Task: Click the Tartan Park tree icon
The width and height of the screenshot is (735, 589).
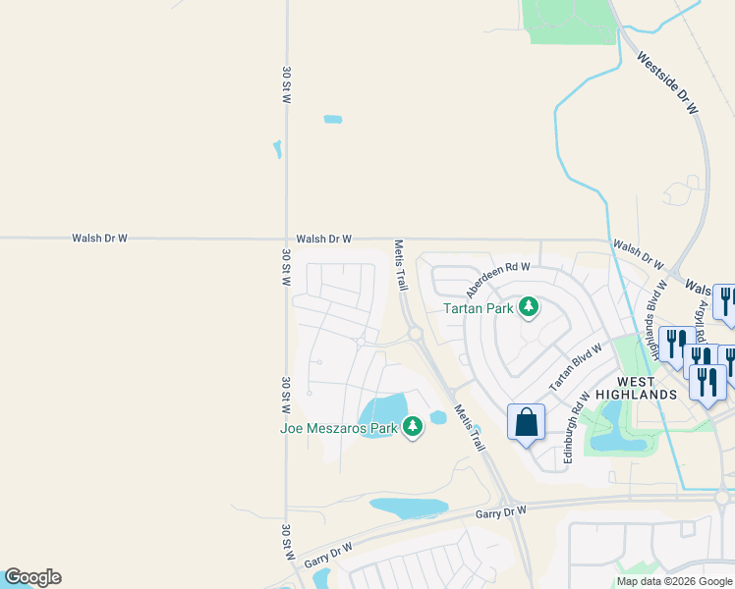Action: click(529, 308)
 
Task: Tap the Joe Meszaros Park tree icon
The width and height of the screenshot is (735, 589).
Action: click(413, 427)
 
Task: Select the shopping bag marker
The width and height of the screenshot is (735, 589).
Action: click(527, 422)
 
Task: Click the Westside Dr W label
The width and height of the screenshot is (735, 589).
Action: click(667, 84)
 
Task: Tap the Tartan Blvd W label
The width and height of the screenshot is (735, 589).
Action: click(576, 368)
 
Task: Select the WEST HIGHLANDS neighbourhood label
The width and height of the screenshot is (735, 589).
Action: click(647, 387)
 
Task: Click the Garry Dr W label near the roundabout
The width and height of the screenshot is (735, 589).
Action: click(501, 512)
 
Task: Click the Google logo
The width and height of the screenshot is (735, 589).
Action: click(32, 577)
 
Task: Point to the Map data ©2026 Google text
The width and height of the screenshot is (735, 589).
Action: click(673, 581)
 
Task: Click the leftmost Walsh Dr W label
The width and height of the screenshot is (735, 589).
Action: click(99, 238)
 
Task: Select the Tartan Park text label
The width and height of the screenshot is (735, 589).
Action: click(480, 308)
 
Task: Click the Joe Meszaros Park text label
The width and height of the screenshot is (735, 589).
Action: click(339, 427)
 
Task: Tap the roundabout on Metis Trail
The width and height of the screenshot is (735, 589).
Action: click(416, 334)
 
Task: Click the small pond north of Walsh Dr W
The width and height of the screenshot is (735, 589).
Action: click(333, 120)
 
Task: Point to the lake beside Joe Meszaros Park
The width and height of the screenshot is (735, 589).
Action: click(383, 412)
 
